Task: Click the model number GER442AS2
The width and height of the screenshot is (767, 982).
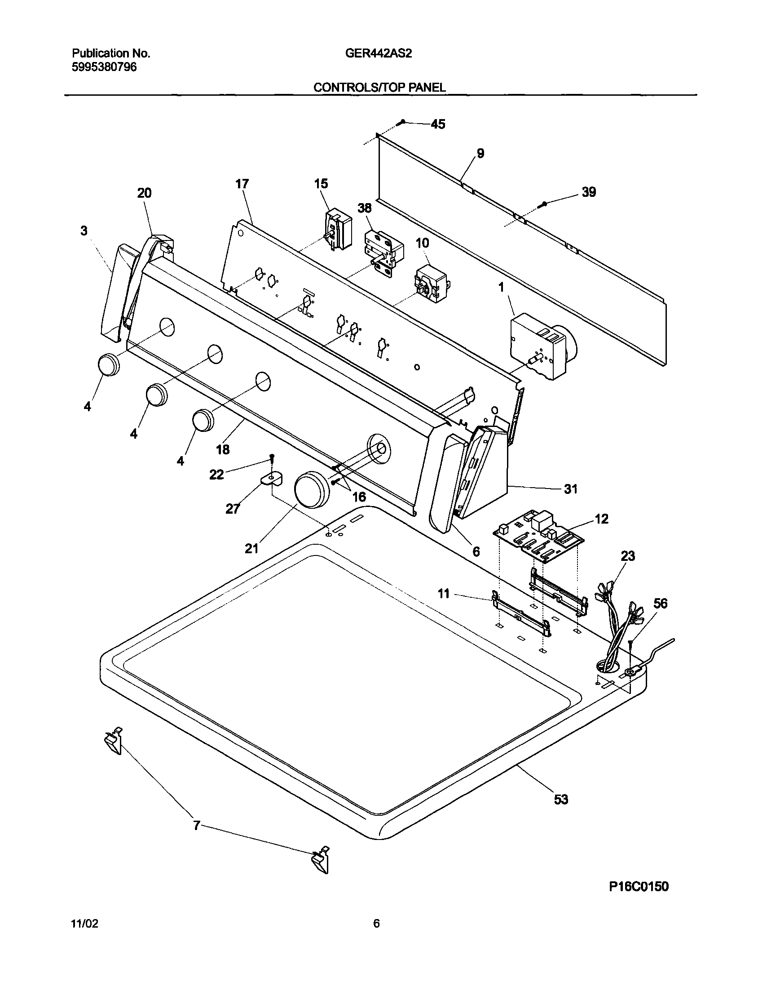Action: [378, 53]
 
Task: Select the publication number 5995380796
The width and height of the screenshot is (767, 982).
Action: [104, 67]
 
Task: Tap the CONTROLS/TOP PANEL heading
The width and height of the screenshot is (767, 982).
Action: [379, 88]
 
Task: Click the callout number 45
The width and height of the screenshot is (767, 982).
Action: [438, 124]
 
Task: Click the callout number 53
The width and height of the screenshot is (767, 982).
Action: [561, 800]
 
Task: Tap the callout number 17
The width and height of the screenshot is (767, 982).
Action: [242, 184]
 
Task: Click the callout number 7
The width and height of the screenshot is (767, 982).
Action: [196, 826]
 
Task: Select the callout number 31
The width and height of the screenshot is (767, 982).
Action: [570, 489]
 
